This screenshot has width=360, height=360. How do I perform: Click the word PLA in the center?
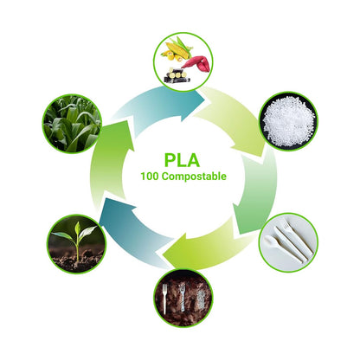pos(182,160)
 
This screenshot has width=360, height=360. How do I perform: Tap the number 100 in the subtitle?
pos(150,177)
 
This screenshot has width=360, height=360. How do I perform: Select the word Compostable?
pos(194,177)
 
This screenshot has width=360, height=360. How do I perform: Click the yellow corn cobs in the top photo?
pos(177,49)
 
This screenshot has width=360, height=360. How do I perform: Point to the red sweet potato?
pos(196,63)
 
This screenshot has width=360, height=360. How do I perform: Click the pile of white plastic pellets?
pos(288,120)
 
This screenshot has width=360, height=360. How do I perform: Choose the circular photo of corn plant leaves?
pos(72,124)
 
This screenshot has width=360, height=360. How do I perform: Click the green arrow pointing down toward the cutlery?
pos(258,190)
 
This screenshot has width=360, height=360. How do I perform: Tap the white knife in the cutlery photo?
pos(291,244)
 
